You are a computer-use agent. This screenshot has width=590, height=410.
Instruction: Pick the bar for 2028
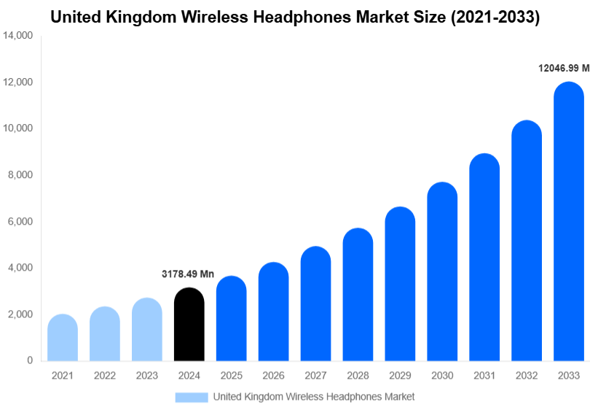(358, 295)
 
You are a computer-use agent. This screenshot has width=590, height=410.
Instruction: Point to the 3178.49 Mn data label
(188, 274)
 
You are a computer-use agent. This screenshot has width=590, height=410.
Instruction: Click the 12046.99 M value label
(563, 68)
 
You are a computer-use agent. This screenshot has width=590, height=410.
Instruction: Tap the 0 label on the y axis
(29, 360)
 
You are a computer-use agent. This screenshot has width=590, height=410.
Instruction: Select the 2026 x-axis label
(274, 375)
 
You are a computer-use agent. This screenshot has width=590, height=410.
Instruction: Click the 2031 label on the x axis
(484, 375)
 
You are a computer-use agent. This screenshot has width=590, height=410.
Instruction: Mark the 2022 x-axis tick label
(105, 375)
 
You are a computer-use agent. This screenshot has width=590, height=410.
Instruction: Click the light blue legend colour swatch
(191, 397)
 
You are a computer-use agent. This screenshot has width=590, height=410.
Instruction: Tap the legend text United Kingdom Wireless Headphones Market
(313, 397)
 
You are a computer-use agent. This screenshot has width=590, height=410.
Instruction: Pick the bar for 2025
(232, 319)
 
